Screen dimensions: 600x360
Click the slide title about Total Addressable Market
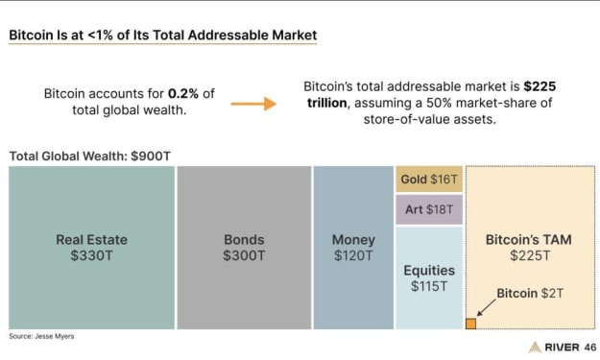coord(162,36)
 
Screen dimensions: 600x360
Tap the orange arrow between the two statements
coord(253,104)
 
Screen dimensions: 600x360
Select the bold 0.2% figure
coord(183,93)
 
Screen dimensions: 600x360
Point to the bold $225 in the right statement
coord(540,86)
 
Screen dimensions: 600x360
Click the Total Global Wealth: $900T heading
coord(90,156)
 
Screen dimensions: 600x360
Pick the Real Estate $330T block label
coord(92,248)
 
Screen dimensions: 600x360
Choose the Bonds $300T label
coord(244,248)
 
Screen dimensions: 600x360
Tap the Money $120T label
coord(353,248)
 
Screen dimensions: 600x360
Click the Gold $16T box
coord(429,180)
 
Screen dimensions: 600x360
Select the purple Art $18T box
coord(429,209)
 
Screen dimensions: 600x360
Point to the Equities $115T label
coord(429,278)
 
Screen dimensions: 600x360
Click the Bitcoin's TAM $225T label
coord(529,248)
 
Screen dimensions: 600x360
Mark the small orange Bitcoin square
coord(470,324)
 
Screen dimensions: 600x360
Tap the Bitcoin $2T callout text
coord(530,294)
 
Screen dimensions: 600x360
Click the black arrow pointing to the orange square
coord(486,307)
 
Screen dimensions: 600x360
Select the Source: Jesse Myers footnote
coord(41,336)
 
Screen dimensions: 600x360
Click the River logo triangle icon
coord(535,347)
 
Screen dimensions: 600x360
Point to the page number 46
coord(590,348)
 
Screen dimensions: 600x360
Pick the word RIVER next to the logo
coord(563,348)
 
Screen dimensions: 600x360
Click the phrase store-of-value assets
coord(430,120)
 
